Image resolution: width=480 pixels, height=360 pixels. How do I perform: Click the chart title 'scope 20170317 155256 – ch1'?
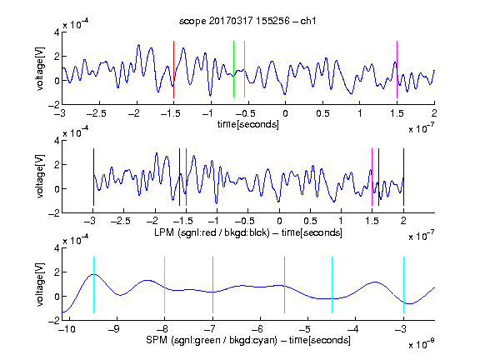click(x=247, y=21)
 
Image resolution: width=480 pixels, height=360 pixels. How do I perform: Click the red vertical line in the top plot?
click(x=173, y=69)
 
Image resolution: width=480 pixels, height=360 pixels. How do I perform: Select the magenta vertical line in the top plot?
click(x=397, y=69)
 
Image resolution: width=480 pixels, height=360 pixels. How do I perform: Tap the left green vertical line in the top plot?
click(x=233, y=69)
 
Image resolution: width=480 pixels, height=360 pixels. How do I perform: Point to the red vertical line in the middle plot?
click(x=186, y=177)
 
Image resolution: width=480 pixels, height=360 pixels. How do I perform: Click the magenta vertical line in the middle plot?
click(x=372, y=177)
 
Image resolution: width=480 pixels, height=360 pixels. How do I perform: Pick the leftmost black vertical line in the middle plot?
click(x=93, y=177)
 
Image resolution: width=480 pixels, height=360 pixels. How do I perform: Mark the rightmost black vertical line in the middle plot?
click(x=403, y=177)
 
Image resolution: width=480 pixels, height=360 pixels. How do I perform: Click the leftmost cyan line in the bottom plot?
click(x=93, y=285)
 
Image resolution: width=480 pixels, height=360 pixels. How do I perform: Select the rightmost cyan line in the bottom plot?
click(x=403, y=285)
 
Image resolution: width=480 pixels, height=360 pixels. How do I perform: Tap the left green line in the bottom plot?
click(x=212, y=285)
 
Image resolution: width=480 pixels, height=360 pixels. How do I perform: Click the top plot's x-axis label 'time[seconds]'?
click(x=248, y=124)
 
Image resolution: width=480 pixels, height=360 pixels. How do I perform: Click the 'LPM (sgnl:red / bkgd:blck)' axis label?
click(x=212, y=232)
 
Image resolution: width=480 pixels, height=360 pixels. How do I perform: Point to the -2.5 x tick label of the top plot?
click(x=97, y=113)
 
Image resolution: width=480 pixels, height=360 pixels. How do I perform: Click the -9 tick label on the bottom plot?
click(x=114, y=329)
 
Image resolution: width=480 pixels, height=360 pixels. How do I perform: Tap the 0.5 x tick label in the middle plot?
click(x=310, y=221)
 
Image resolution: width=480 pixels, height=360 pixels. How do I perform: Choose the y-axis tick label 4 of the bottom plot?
click(x=57, y=248)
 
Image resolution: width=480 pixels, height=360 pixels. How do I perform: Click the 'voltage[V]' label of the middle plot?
click(x=40, y=177)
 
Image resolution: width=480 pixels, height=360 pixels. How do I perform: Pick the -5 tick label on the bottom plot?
click(x=305, y=329)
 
